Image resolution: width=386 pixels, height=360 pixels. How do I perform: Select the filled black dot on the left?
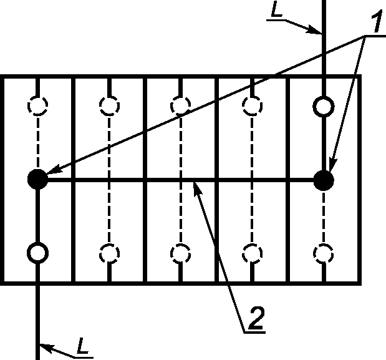click(x=38, y=180)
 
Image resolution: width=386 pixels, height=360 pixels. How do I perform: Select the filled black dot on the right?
click(x=324, y=180)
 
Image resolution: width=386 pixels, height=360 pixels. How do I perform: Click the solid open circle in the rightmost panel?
click(x=324, y=106)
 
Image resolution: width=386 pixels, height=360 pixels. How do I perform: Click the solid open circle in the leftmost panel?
click(x=38, y=253)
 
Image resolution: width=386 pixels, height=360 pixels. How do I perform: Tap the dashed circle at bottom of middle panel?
click(x=180, y=253)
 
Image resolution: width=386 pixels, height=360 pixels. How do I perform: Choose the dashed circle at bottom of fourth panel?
click(x=251, y=253)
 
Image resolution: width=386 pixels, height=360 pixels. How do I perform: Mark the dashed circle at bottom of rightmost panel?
click(x=324, y=253)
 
